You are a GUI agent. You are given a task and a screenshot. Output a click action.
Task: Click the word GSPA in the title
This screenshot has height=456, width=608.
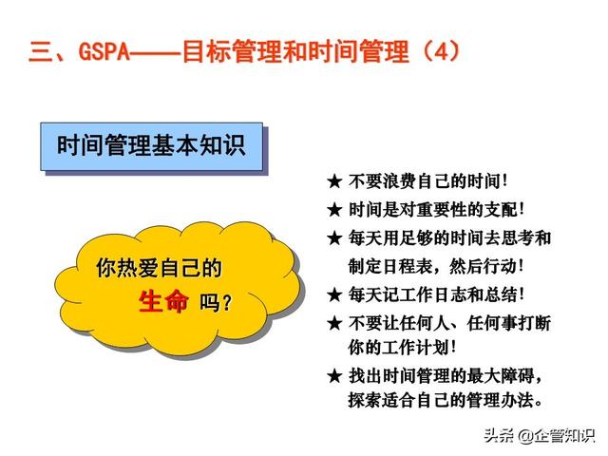pos(104,50)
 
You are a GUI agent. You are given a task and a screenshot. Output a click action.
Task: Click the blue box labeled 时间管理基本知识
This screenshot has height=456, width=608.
pos(152,146)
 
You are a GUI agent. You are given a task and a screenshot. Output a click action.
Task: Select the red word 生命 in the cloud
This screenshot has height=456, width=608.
pos(163,301)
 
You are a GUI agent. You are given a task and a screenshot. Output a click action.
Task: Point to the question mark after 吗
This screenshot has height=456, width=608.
pos(227,302)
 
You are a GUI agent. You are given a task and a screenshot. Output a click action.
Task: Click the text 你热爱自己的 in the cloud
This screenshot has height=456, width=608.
pos(159,268)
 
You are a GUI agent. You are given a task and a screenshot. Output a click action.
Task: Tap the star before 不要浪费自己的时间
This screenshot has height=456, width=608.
pos(334,181)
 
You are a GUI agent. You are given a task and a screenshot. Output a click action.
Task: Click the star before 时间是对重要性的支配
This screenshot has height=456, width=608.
pos(334,210)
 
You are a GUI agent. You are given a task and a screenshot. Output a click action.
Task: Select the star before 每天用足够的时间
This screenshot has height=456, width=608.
pos(334,238)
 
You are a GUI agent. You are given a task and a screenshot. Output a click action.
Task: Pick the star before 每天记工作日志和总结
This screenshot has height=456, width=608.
pos(334,295)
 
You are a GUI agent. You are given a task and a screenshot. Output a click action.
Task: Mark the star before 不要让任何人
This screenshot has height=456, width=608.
pos(334,323)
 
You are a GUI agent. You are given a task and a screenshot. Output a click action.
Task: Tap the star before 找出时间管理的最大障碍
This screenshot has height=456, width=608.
pos(334,376)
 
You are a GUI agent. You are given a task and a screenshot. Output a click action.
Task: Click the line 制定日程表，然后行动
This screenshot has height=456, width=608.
pos(436,266)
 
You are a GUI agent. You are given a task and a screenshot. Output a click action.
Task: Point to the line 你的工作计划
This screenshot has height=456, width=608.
pos(402,347)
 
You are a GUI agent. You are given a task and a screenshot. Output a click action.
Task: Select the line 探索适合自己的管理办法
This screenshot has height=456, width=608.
pos(446,400)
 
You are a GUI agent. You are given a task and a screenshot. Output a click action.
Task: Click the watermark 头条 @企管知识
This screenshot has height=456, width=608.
pos(540,435)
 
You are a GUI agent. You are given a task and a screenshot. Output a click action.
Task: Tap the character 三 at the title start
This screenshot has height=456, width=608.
pos(40,51)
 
